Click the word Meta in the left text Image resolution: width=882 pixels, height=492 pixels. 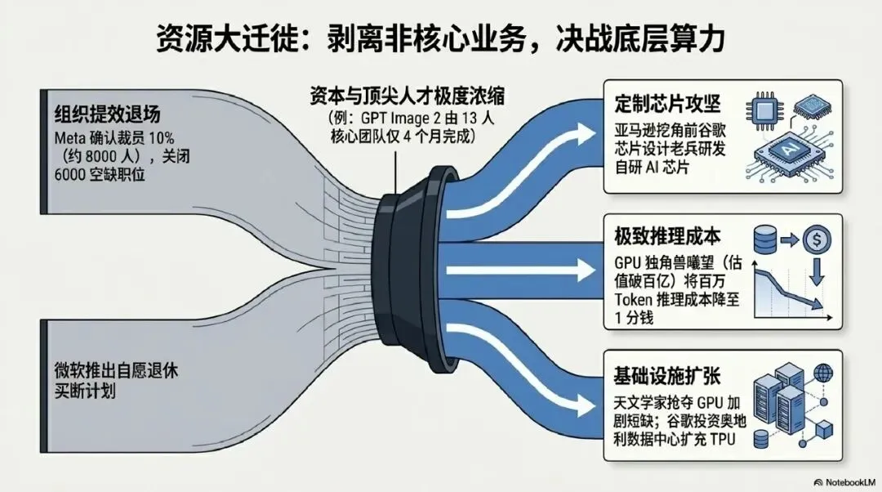(70, 137)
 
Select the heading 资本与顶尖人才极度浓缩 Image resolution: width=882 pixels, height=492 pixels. (407, 96)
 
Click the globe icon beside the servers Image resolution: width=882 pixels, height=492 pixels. (822, 375)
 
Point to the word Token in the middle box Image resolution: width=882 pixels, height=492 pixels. (635, 301)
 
